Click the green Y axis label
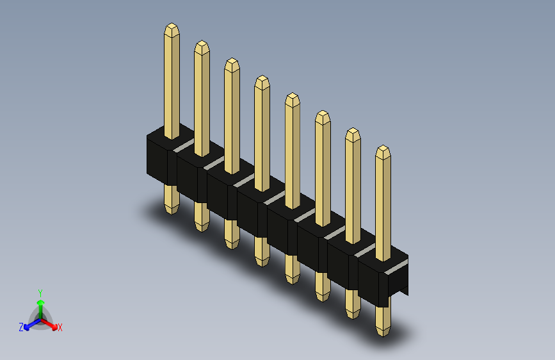(40, 293)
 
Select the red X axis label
(60, 328)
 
